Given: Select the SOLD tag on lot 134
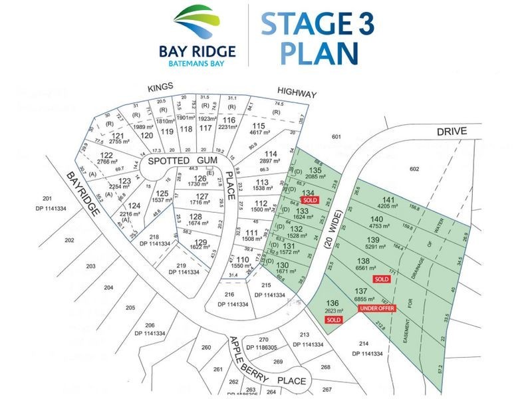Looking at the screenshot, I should point(309,199).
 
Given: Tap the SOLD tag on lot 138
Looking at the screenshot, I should point(381,279).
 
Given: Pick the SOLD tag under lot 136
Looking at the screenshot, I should point(333,320).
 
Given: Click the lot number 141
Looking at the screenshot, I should point(388,200).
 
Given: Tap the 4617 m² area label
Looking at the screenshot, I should point(258,134).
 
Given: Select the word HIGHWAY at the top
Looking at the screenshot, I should point(297,94).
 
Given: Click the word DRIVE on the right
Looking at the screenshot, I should point(454,131).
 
